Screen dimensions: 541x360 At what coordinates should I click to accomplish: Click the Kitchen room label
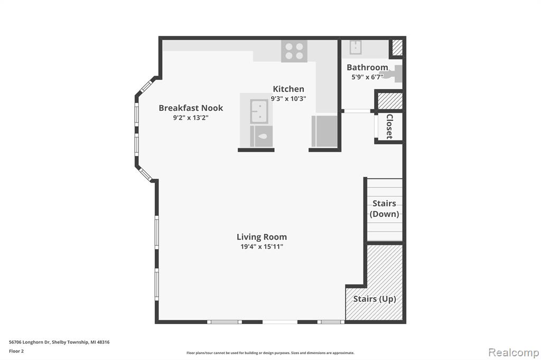(288, 89)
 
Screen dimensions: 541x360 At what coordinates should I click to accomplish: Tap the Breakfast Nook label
(191, 108)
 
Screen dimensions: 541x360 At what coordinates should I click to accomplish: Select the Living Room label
(262, 237)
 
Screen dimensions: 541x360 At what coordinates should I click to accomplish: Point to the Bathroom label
(368, 67)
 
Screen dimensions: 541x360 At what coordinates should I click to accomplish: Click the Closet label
(389, 127)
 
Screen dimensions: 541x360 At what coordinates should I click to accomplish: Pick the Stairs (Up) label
(375, 299)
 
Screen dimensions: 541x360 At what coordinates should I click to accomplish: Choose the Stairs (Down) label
(385, 209)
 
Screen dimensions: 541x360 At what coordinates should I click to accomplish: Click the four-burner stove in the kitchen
(294, 51)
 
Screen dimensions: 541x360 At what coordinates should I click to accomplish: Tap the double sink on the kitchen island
(259, 111)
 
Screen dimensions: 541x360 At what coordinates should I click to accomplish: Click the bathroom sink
(355, 48)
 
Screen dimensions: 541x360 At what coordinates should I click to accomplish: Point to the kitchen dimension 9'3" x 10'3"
(288, 99)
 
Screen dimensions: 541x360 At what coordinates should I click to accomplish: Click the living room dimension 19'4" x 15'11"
(262, 247)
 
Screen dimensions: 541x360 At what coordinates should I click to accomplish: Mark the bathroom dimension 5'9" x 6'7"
(368, 77)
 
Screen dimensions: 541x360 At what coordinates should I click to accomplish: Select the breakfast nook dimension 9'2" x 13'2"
(191, 118)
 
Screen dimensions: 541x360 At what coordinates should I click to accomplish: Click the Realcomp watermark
(514, 353)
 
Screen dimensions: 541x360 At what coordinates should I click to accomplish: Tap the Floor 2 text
(16, 352)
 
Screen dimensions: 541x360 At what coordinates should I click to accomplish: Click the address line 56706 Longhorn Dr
(30, 342)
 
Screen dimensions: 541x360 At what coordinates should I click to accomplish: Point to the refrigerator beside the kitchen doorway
(324, 131)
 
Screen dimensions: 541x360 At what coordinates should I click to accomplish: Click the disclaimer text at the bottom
(270, 353)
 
